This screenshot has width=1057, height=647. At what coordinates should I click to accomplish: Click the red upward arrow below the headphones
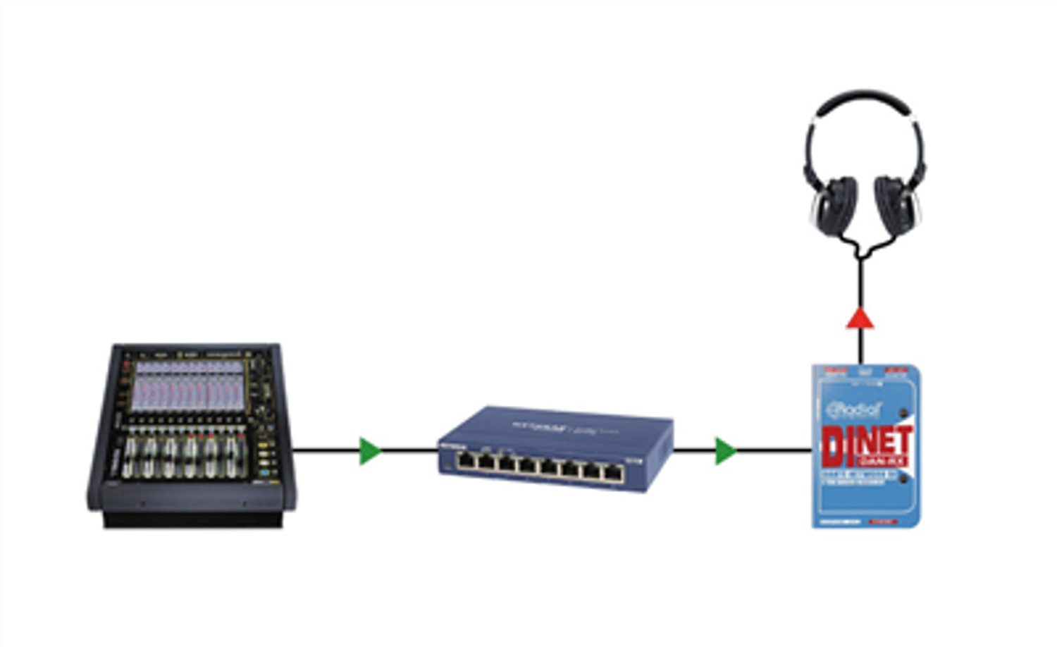860,319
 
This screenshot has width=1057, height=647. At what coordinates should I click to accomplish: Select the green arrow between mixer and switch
369,451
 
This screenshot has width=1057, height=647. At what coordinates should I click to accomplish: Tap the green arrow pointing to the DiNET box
725,451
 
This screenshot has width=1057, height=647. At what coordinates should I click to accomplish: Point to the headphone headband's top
865,95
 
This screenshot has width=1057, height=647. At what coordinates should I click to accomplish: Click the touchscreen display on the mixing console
189,386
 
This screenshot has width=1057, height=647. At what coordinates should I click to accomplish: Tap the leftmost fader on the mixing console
130,458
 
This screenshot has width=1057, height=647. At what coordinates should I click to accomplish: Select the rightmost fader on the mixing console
232,458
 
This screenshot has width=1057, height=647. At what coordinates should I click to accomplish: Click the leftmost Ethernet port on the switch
466,463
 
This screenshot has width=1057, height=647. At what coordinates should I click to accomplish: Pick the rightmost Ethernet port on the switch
613,473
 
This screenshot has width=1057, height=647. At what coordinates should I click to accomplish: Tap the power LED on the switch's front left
447,467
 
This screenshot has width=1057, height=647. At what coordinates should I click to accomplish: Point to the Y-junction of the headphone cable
860,254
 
